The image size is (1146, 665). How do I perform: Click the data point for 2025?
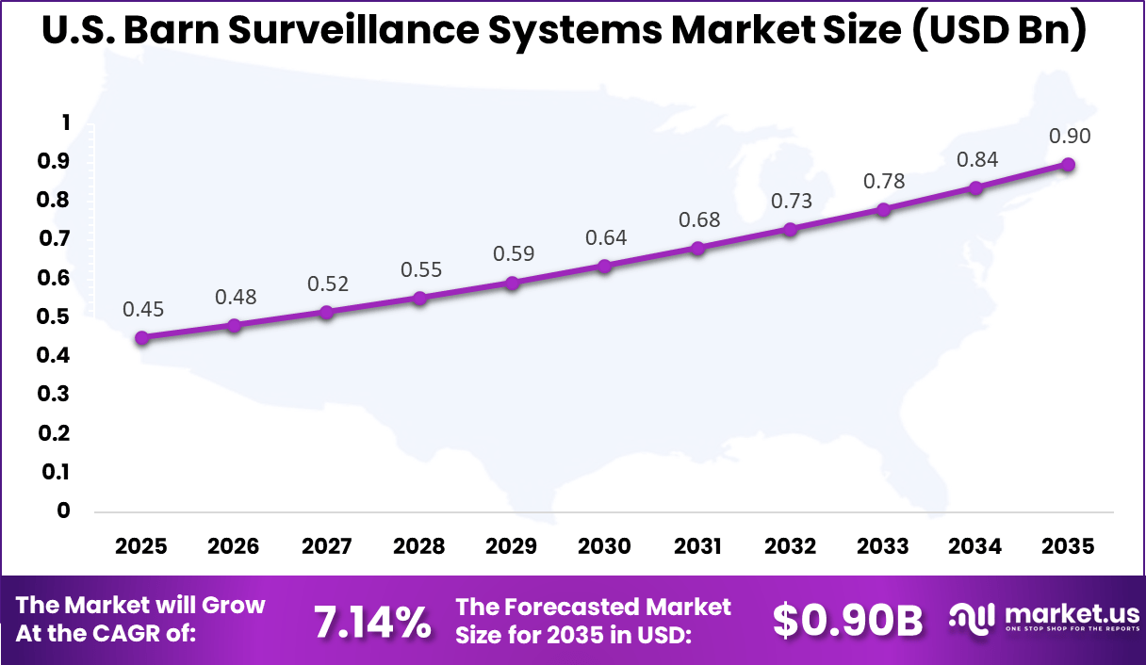[x=141, y=337]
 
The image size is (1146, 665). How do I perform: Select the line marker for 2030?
[x=605, y=266]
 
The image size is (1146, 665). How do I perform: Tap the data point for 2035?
[x=1068, y=164]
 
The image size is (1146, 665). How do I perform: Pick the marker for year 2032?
[x=790, y=229]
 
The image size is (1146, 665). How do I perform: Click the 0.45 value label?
[x=141, y=309]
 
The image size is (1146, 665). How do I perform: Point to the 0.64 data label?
[x=605, y=237]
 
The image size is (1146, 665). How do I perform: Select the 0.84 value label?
[x=976, y=159]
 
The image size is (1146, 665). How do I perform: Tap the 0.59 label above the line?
[x=513, y=254]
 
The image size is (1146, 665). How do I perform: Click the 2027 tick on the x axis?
[x=327, y=546]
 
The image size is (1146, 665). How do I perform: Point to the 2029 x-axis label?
[x=513, y=546]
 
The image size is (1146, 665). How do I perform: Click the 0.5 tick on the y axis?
[x=54, y=316]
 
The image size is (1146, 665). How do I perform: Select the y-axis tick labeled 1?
[x=65, y=122]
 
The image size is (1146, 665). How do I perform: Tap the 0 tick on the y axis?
[x=63, y=511]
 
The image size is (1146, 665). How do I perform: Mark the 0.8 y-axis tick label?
[x=54, y=200]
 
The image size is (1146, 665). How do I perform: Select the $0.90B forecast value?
[x=847, y=621]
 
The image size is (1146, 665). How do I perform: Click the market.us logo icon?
[x=972, y=618]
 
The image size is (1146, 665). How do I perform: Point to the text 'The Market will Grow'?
[x=141, y=605]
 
